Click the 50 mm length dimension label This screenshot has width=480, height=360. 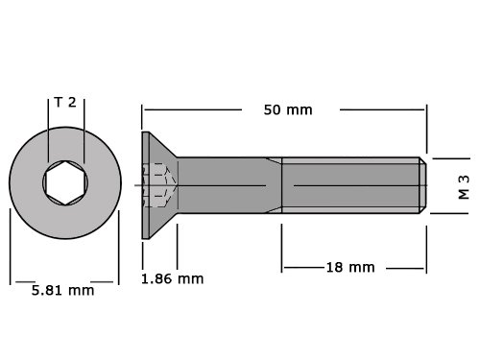[x=288, y=110]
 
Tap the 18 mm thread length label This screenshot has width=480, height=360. [x=350, y=267]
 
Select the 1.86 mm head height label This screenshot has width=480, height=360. [x=172, y=279]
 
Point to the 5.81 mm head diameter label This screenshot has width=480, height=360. [x=62, y=291]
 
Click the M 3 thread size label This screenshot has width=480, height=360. [x=464, y=187]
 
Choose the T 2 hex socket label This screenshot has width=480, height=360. [x=65, y=102]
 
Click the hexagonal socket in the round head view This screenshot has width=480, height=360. [x=65, y=182]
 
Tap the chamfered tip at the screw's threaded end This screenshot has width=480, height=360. [x=422, y=185]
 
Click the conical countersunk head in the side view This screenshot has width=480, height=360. [x=159, y=185]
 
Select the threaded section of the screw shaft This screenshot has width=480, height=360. [x=350, y=185]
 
